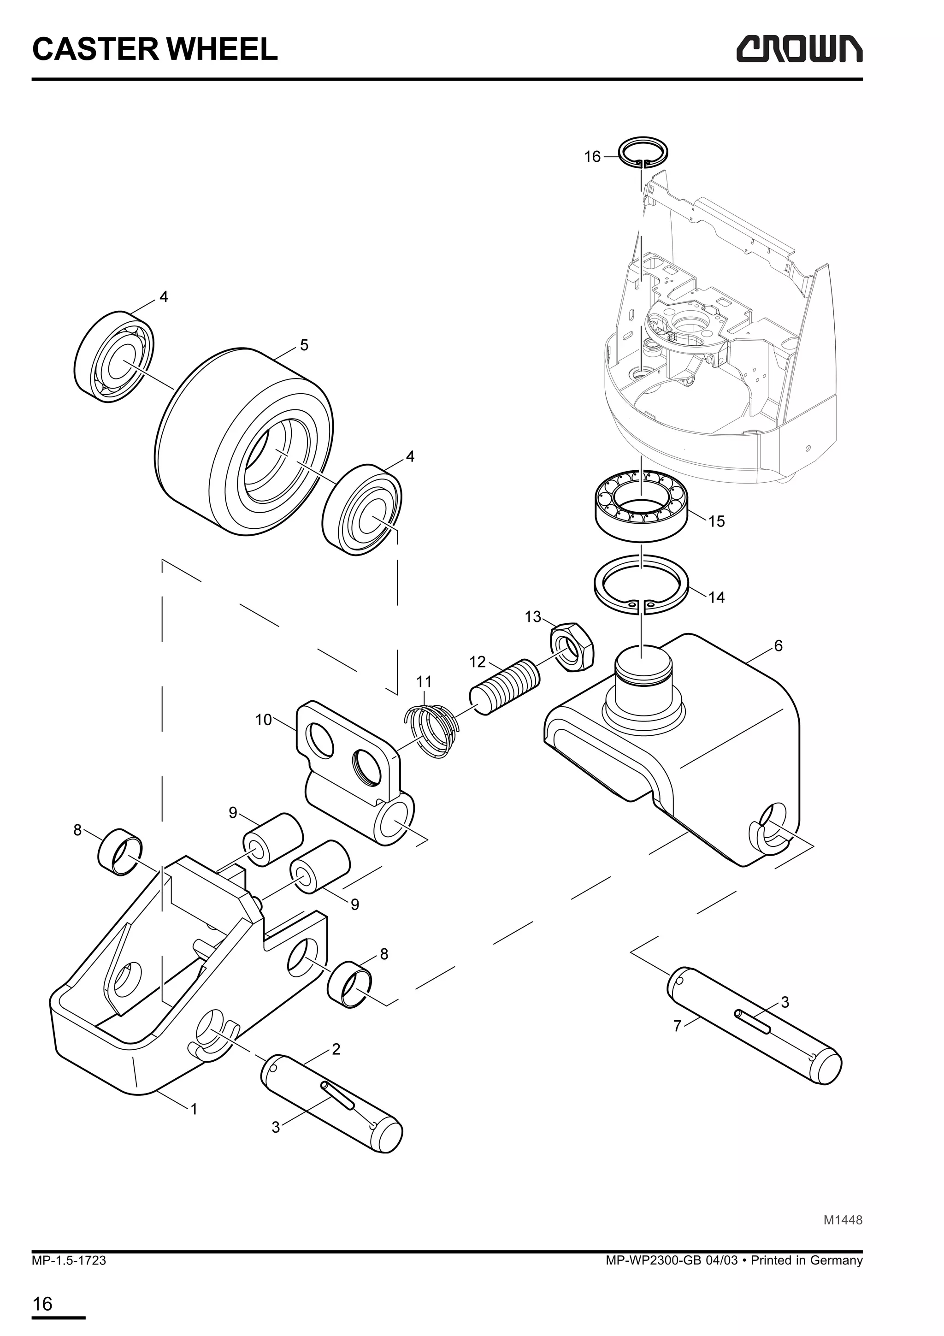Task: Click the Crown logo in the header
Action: (x=799, y=49)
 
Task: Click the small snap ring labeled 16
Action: (x=643, y=154)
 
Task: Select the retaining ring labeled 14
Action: (x=642, y=584)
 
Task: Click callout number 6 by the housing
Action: (x=778, y=645)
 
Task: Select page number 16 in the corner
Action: (x=42, y=1304)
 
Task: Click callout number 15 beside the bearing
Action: (x=717, y=521)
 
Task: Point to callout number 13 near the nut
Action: (x=533, y=617)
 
